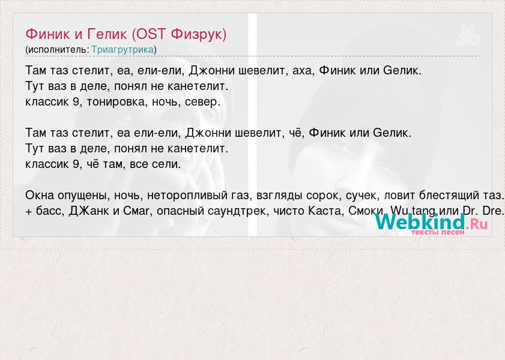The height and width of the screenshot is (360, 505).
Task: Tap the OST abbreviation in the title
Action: pos(151,34)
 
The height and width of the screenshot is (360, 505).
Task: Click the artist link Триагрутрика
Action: pos(122,50)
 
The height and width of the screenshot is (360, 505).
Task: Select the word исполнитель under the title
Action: pos(57,50)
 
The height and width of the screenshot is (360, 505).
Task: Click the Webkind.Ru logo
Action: pos(431,222)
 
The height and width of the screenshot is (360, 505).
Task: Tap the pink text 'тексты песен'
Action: pos(438,232)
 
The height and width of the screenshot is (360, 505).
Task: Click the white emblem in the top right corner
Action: pos(467,35)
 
